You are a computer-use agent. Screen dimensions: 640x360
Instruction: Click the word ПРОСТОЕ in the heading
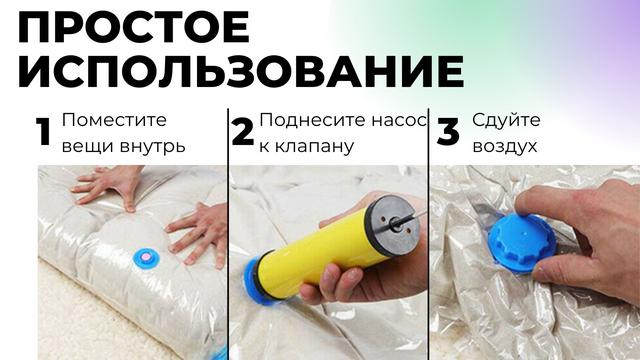[133, 27]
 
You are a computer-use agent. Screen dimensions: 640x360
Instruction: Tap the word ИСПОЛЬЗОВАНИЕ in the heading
[241, 71]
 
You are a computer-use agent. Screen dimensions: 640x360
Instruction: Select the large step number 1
[43, 132]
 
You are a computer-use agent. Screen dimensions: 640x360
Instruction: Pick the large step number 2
[242, 132]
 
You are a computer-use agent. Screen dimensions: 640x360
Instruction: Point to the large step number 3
[448, 132]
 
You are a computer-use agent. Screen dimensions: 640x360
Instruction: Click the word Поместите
[114, 120]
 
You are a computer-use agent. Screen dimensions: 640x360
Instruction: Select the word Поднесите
[312, 120]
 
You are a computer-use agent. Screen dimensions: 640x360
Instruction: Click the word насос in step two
[399, 121]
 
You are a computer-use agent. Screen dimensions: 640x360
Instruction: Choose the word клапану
[314, 147]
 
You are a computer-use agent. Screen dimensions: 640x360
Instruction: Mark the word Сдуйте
[506, 120]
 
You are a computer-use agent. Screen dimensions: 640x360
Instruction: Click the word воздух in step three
[504, 147]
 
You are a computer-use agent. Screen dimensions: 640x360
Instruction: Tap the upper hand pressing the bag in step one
[107, 186]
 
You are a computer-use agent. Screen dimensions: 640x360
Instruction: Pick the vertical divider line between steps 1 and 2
[228, 234]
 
